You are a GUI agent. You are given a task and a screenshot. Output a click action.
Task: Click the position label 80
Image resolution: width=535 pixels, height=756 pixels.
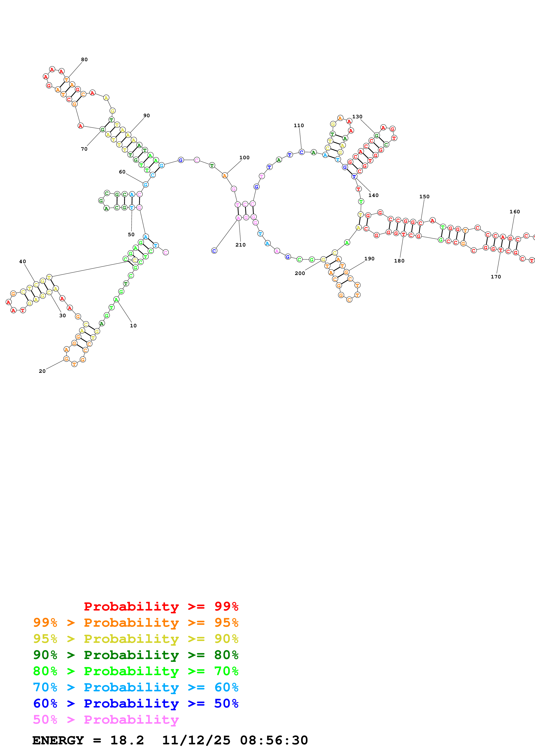point(84,60)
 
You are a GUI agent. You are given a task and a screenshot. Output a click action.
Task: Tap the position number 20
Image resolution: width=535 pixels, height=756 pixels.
point(42,371)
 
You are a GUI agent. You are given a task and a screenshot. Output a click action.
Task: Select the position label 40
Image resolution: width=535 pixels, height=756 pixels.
point(22,261)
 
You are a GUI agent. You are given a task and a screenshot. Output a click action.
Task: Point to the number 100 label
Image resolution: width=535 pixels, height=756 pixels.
point(244,158)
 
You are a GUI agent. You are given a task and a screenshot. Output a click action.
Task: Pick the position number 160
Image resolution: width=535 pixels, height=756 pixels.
point(514,212)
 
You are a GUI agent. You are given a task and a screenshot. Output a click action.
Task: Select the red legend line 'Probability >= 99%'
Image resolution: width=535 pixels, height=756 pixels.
point(161,606)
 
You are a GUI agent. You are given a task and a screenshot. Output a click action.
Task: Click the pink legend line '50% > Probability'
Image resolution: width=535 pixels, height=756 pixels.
point(106,719)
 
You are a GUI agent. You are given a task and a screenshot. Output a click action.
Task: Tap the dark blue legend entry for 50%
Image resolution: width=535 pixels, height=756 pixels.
point(136,703)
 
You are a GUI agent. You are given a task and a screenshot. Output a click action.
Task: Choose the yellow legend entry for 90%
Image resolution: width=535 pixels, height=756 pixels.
point(136,639)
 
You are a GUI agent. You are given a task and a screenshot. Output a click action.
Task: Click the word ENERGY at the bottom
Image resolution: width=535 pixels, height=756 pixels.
point(58,740)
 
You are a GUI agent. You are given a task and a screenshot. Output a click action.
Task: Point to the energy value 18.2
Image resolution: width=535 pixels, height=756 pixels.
point(127,740)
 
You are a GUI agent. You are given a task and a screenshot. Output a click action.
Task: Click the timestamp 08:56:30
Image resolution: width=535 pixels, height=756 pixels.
point(274,740)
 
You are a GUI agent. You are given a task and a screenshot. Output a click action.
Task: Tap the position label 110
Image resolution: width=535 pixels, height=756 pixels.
point(299,125)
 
